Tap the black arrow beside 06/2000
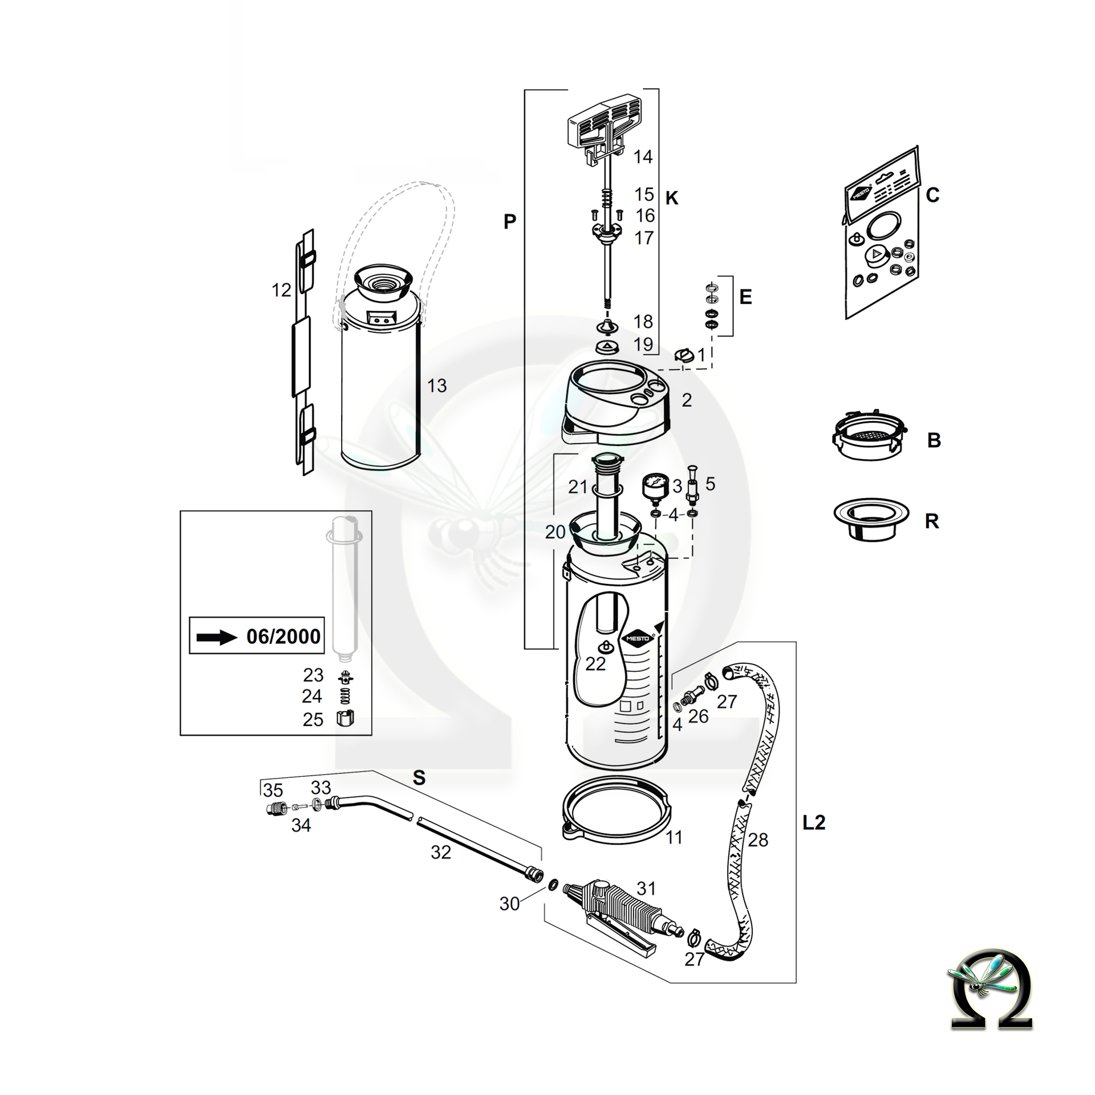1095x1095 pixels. tap(216, 637)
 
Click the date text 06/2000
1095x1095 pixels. tap(283, 636)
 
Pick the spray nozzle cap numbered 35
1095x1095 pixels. tap(276, 809)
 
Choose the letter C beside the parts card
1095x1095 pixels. tap(932, 196)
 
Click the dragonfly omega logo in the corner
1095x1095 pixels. tap(991, 997)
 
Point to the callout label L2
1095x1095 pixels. tap(814, 822)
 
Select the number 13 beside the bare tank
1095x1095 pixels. tap(437, 386)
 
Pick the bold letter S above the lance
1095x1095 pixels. tap(419, 778)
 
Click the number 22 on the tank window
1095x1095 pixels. tap(595, 664)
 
